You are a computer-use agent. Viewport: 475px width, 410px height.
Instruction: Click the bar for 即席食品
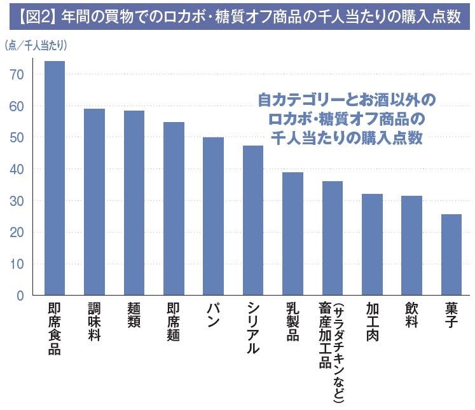(x=54, y=178)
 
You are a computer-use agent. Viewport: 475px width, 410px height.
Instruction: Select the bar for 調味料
(x=94, y=202)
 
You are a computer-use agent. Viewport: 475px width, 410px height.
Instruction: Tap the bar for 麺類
(x=134, y=203)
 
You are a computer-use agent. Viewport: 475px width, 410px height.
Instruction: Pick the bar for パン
(x=213, y=216)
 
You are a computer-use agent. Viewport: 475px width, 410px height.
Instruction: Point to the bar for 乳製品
(x=293, y=234)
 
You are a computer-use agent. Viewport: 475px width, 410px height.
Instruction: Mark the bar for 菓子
(x=451, y=255)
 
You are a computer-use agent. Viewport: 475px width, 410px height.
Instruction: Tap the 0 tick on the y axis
(x=20, y=296)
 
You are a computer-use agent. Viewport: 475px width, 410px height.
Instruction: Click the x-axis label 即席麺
(x=173, y=321)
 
